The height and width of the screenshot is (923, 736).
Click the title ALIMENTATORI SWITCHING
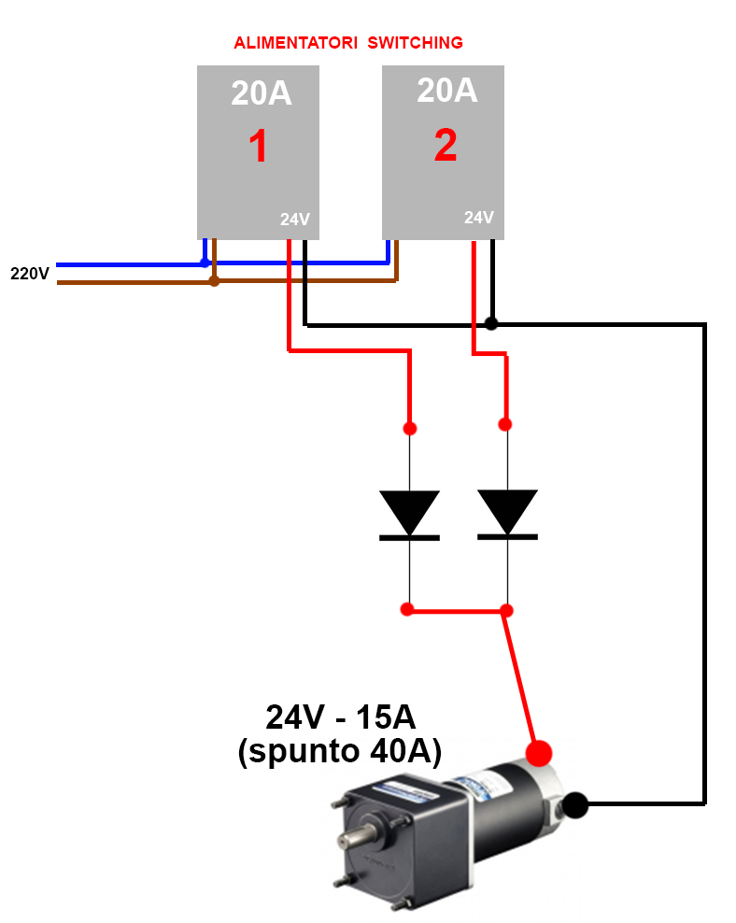tap(347, 43)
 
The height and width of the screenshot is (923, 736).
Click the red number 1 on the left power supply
tap(258, 148)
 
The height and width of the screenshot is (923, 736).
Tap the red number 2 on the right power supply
tap(446, 146)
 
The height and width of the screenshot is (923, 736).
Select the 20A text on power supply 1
tap(262, 93)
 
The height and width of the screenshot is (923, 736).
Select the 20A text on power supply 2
tap(446, 90)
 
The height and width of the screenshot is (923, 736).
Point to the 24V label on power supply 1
tap(294, 220)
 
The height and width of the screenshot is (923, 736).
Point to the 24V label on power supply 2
tap(478, 217)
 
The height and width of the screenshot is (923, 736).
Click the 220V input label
tap(29, 274)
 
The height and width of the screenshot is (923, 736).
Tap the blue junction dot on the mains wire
tap(205, 263)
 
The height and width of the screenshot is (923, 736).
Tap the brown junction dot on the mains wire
tap(214, 280)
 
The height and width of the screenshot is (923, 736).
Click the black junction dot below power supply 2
tap(491, 323)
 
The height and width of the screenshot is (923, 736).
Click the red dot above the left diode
tap(409, 429)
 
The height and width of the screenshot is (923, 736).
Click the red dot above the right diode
tap(505, 424)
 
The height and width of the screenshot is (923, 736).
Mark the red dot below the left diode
tap(406, 609)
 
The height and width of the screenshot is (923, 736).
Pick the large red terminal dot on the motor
tap(539, 752)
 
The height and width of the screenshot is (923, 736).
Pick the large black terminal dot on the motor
tap(575, 803)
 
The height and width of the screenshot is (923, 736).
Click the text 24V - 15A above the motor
tap(340, 717)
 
